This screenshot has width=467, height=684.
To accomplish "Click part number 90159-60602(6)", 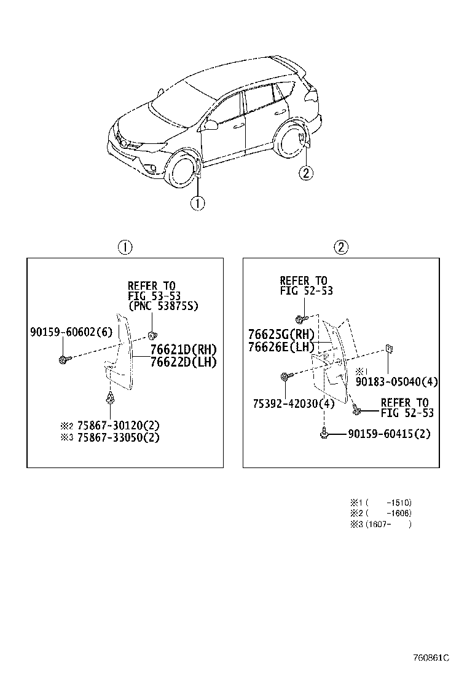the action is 71,332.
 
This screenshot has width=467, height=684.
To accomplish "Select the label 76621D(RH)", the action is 183,350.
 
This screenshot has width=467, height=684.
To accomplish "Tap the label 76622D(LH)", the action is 183,362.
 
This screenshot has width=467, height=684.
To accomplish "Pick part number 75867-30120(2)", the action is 118,425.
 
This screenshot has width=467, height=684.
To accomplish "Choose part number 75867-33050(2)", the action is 118,437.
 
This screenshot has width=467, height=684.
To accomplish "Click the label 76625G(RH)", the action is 281,335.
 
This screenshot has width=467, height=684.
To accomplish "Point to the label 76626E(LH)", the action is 281,347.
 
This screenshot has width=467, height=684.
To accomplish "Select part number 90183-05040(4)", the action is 397,382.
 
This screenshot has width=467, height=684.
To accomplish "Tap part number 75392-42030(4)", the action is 294,404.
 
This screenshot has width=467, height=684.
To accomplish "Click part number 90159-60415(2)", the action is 389,434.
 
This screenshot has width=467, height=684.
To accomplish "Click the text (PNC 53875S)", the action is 163,306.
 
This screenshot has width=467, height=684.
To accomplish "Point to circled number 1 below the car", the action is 198,203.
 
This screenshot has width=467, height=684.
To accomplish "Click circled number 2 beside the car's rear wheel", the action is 306,173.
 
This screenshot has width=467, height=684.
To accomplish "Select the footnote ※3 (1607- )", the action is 381,524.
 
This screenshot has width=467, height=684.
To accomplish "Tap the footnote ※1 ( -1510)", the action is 381,503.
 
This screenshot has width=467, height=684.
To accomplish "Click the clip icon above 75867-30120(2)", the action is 111,399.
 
